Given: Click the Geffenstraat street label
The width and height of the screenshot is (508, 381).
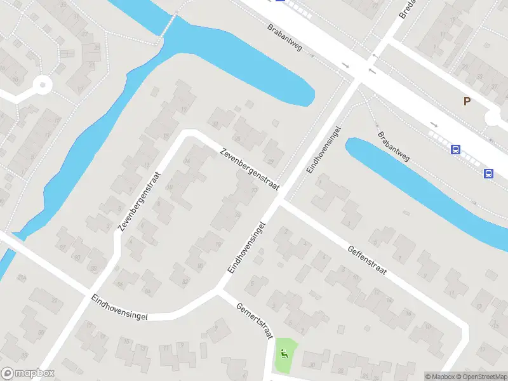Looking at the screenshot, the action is tap(366, 260).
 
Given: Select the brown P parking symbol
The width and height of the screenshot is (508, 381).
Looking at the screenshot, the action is tap(467, 101).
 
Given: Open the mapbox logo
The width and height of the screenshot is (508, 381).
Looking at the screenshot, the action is tap(28, 373).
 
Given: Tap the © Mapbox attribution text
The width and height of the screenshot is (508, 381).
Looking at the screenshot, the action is tap(439, 377).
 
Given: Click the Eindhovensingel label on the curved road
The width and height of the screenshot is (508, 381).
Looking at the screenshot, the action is tap(119, 307).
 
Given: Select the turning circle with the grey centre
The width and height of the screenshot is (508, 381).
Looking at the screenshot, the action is tap(43, 83).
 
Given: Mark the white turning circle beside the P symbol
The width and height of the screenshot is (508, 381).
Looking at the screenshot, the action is tap(494, 118).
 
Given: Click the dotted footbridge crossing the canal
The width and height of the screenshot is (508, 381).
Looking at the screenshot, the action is tap(168, 25).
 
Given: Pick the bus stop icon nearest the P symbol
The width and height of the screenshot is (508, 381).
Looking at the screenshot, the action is tap(455, 150).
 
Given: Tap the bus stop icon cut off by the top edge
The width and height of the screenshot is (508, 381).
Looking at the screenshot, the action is tap(280, 1).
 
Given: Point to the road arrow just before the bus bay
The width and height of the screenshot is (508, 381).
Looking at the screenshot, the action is tap(434, 124).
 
